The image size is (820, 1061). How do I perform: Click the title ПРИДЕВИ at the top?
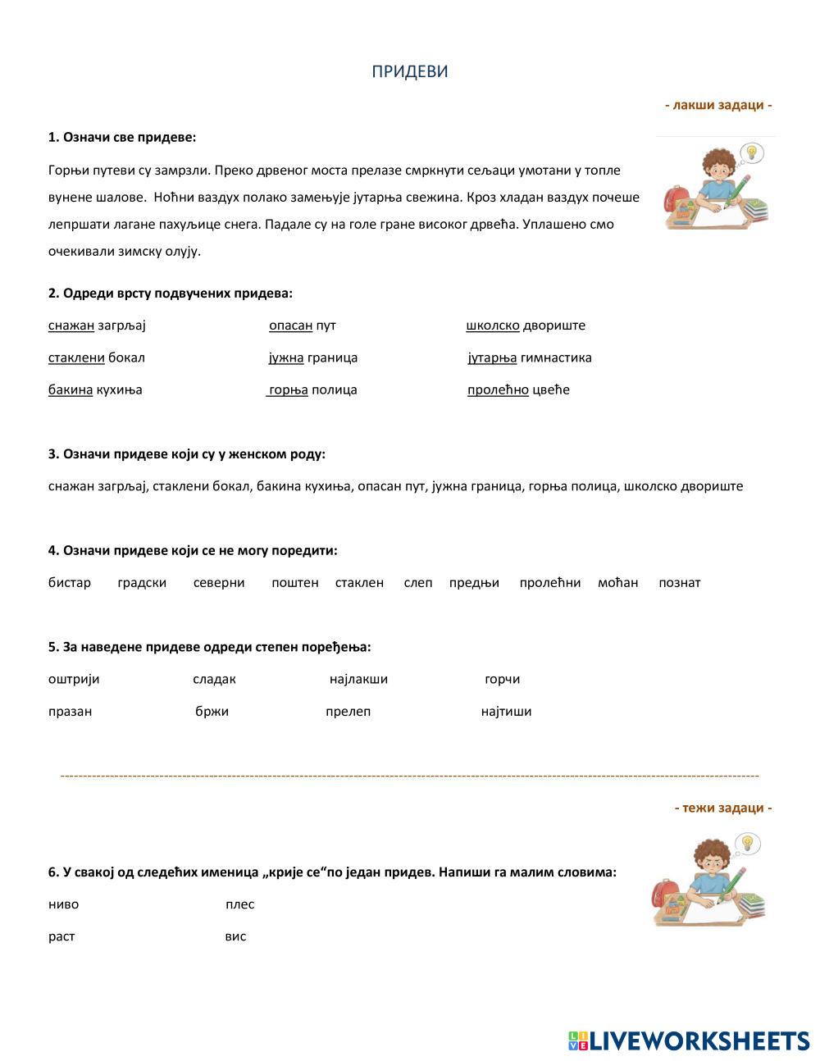[410, 71]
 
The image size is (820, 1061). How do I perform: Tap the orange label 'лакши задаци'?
[718, 105]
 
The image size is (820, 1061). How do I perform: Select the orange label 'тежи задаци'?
[723, 808]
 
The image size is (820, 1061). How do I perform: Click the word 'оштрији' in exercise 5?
[74, 679]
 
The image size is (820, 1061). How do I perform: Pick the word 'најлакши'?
[358, 679]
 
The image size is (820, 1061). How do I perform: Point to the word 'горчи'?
[502, 679]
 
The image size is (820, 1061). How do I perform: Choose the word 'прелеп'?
[348, 711]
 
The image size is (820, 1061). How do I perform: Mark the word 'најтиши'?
[506, 711]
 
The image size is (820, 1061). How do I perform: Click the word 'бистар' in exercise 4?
[70, 583]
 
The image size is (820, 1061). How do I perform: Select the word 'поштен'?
[294, 583]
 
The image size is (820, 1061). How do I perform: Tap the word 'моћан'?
[617, 583]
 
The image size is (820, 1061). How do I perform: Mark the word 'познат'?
[679, 583]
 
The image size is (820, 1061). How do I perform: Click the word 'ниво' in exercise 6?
[64, 904]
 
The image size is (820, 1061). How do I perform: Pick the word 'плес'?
[239, 904]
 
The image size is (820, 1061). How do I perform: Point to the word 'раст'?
[61, 936]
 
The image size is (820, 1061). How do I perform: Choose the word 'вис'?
[235, 936]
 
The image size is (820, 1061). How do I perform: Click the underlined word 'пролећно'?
[498, 389]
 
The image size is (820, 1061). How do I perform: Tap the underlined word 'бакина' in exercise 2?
[71, 389]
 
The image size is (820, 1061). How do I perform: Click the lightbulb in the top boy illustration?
[752, 153]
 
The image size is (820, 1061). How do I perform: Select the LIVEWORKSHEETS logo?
[689, 1041]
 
